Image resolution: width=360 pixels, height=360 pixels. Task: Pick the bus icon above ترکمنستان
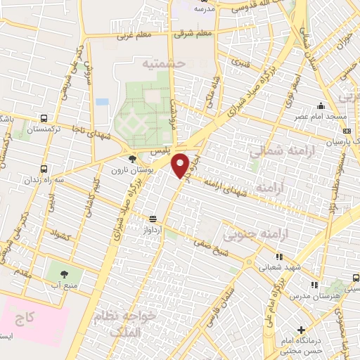click(x=45, y=119)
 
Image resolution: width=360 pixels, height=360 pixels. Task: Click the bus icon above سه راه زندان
click(x=45, y=169)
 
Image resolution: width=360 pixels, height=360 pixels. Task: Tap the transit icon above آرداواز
click(x=153, y=219)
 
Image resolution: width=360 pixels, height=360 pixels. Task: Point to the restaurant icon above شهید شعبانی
click(x=279, y=257)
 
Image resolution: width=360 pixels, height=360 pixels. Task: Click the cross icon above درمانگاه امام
click(x=302, y=330)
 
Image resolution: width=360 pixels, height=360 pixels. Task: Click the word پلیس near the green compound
click(x=159, y=152)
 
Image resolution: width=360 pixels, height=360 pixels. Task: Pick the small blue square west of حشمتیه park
click(x=103, y=102)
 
